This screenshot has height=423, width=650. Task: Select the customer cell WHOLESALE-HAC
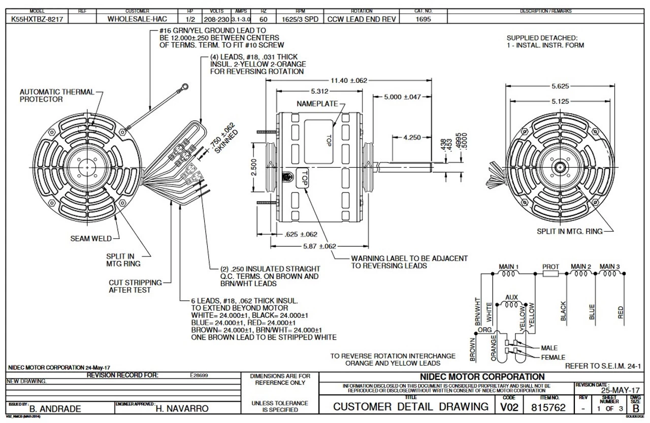137,19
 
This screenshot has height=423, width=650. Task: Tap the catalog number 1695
424,19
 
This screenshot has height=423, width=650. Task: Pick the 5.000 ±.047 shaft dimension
403,97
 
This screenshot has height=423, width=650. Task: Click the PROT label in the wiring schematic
550,266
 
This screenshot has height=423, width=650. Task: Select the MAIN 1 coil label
509,266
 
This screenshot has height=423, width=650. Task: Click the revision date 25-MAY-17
621,391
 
